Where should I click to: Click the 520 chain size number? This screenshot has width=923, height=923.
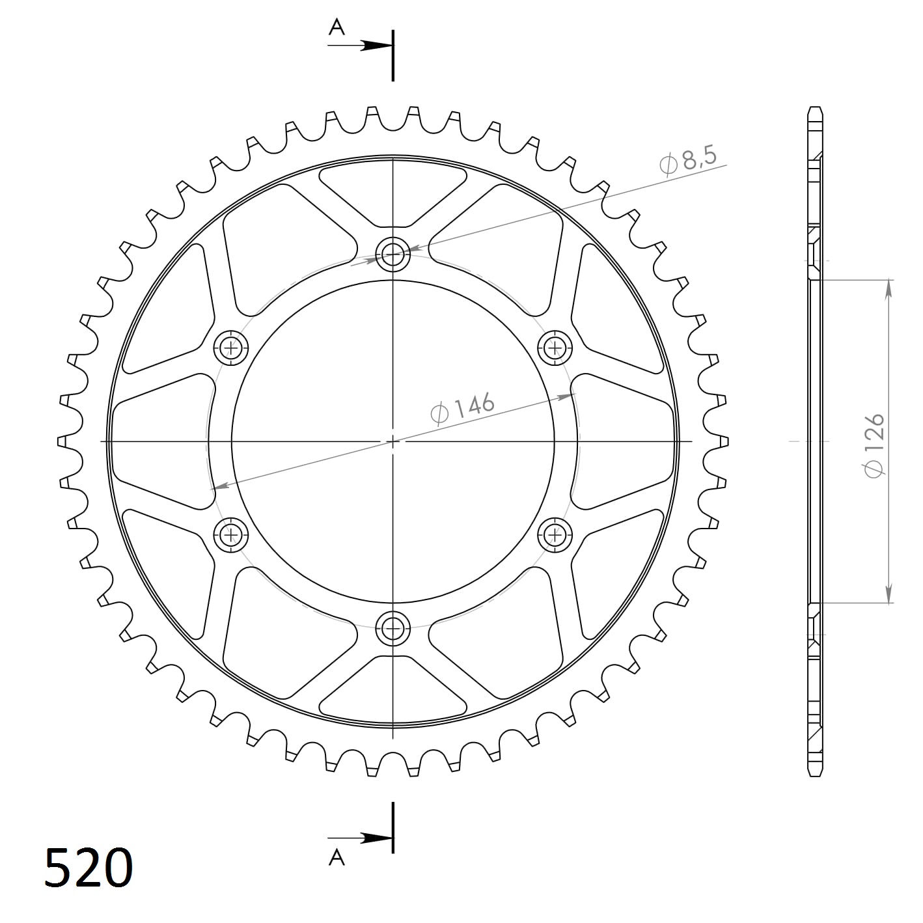(x=89, y=868)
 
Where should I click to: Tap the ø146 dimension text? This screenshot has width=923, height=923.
(x=463, y=407)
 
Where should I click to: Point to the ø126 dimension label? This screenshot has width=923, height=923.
(x=873, y=444)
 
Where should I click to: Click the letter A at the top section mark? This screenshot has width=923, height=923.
(x=337, y=27)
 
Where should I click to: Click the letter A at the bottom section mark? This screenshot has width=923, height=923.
(x=337, y=857)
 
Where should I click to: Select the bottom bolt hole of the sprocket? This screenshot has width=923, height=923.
(x=393, y=628)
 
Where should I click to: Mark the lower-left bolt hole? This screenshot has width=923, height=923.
(x=231, y=535)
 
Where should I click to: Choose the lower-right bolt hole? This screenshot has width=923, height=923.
(x=555, y=535)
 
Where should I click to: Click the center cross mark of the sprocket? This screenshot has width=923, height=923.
(x=393, y=441)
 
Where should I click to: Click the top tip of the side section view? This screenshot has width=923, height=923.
(x=814, y=108)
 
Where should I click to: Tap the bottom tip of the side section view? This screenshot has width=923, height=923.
(x=814, y=775)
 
